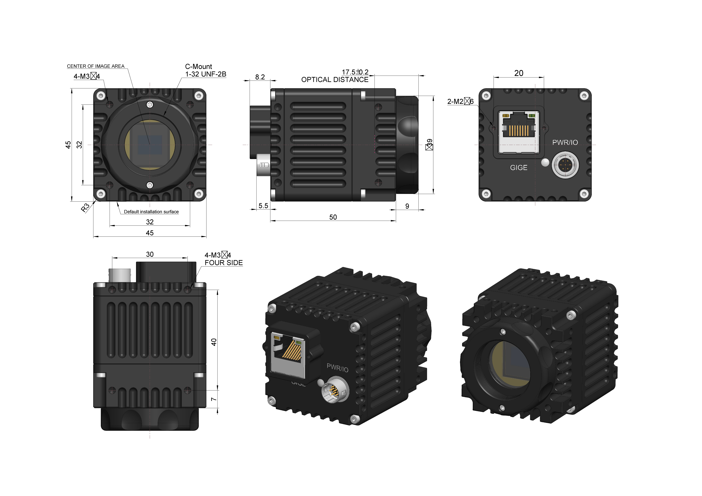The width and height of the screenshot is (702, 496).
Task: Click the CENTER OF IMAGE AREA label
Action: click(x=95, y=66)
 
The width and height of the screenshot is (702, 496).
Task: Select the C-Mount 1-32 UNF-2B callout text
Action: click(x=205, y=70)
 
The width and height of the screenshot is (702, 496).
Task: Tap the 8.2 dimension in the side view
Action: click(x=260, y=77)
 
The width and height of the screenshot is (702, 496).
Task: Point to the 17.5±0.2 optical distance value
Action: click(x=355, y=72)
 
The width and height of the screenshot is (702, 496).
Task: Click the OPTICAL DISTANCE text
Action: click(x=335, y=80)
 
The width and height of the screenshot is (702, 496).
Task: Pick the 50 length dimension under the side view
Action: click(x=333, y=217)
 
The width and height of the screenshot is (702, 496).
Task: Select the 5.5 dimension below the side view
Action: click(x=263, y=206)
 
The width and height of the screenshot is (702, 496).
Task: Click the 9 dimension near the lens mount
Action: click(x=407, y=206)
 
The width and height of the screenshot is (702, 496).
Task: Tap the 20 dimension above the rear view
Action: click(x=519, y=73)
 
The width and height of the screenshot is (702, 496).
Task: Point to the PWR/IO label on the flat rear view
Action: click(x=565, y=142)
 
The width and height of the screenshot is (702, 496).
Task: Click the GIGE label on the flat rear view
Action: click(x=519, y=167)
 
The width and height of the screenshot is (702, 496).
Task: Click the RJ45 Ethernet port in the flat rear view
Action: click(x=519, y=132)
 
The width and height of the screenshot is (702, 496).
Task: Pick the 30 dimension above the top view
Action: click(x=150, y=254)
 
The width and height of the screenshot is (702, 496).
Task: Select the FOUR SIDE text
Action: click(x=224, y=263)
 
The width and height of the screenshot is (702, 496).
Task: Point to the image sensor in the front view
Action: click(x=150, y=145)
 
